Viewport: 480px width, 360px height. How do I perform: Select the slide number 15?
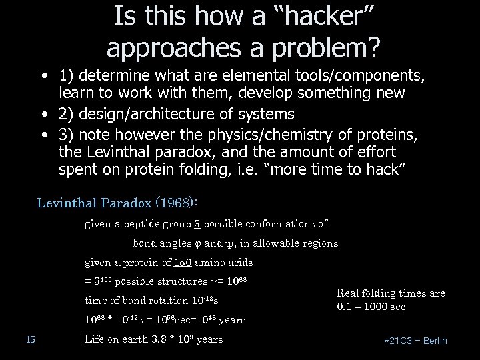click(29, 340)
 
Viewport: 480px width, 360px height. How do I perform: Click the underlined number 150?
click(175, 262)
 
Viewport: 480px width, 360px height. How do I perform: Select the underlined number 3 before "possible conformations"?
click(197, 224)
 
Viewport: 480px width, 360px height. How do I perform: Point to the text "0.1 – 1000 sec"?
click(372, 307)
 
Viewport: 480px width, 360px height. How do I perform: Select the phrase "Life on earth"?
click(115, 339)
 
